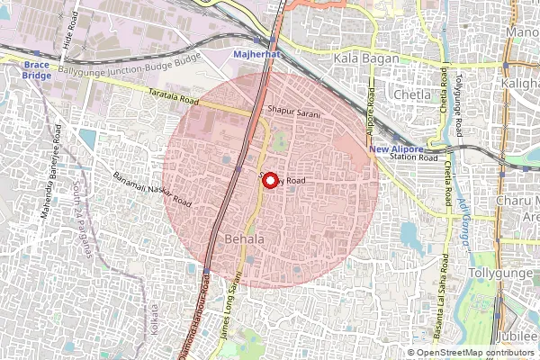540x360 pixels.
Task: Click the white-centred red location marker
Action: pos(268,179)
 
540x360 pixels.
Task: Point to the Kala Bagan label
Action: pos(360,58)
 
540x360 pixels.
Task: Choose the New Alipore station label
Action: pos(395,148)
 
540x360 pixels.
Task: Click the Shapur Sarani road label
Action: pos(294,108)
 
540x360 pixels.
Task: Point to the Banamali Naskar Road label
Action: pos(152,185)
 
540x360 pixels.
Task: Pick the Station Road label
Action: pos(414,159)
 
